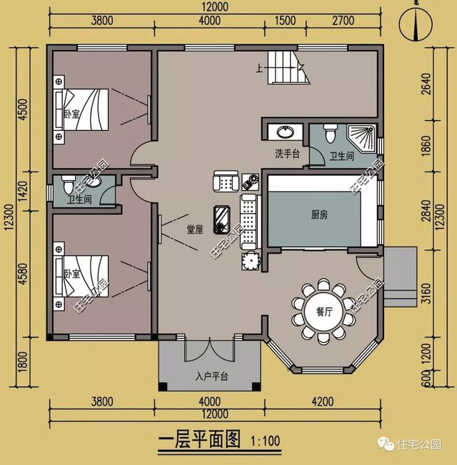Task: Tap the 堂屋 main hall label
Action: click(195, 229)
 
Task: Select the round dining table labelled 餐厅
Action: click(323, 312)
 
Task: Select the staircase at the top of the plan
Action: click(289, 68)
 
